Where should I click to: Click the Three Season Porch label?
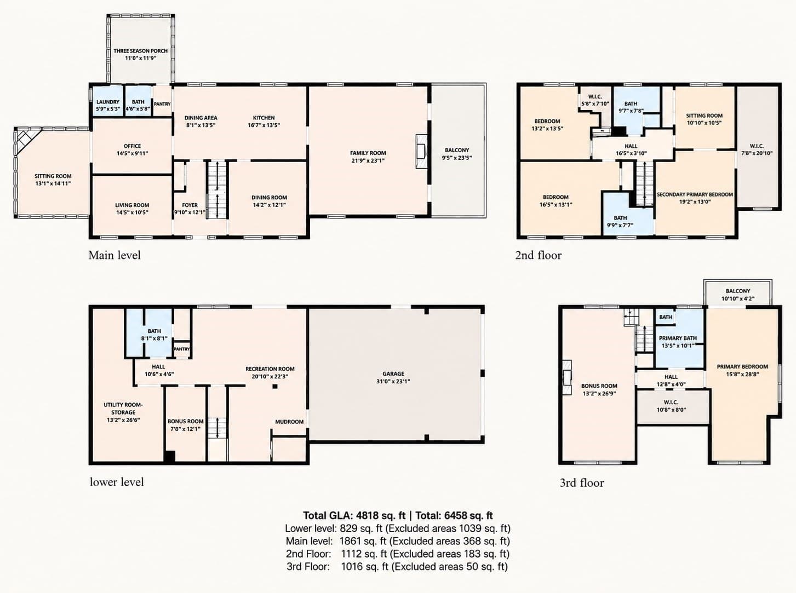[x=140, y=51]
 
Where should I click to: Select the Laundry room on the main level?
[x=108, y=101]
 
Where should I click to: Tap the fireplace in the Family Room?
[x=421, y=151]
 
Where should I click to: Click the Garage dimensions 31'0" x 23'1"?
[x=393, y=381]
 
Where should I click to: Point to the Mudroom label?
[x=289, y=422]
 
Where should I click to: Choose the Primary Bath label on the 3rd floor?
[x=678, y=338]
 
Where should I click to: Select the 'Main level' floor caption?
[x=114, y=255]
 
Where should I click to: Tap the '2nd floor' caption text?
[x=538, y=255]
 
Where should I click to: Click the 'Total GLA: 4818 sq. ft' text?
[x=354, y=515]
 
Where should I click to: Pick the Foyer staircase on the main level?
[x=217, y=189]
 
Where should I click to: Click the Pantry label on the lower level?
[x=182, y=349]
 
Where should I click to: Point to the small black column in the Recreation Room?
[x=275, y=387]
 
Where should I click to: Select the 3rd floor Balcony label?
[x=738, y=291]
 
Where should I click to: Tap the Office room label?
[x=132, y=146]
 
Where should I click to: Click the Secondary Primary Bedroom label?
[x=695, y=194]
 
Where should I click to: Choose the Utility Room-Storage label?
[x=123, y=408]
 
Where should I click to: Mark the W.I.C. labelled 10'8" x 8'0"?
[x=673, y=406]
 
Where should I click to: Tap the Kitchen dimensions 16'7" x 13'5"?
[x=264, y=125]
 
